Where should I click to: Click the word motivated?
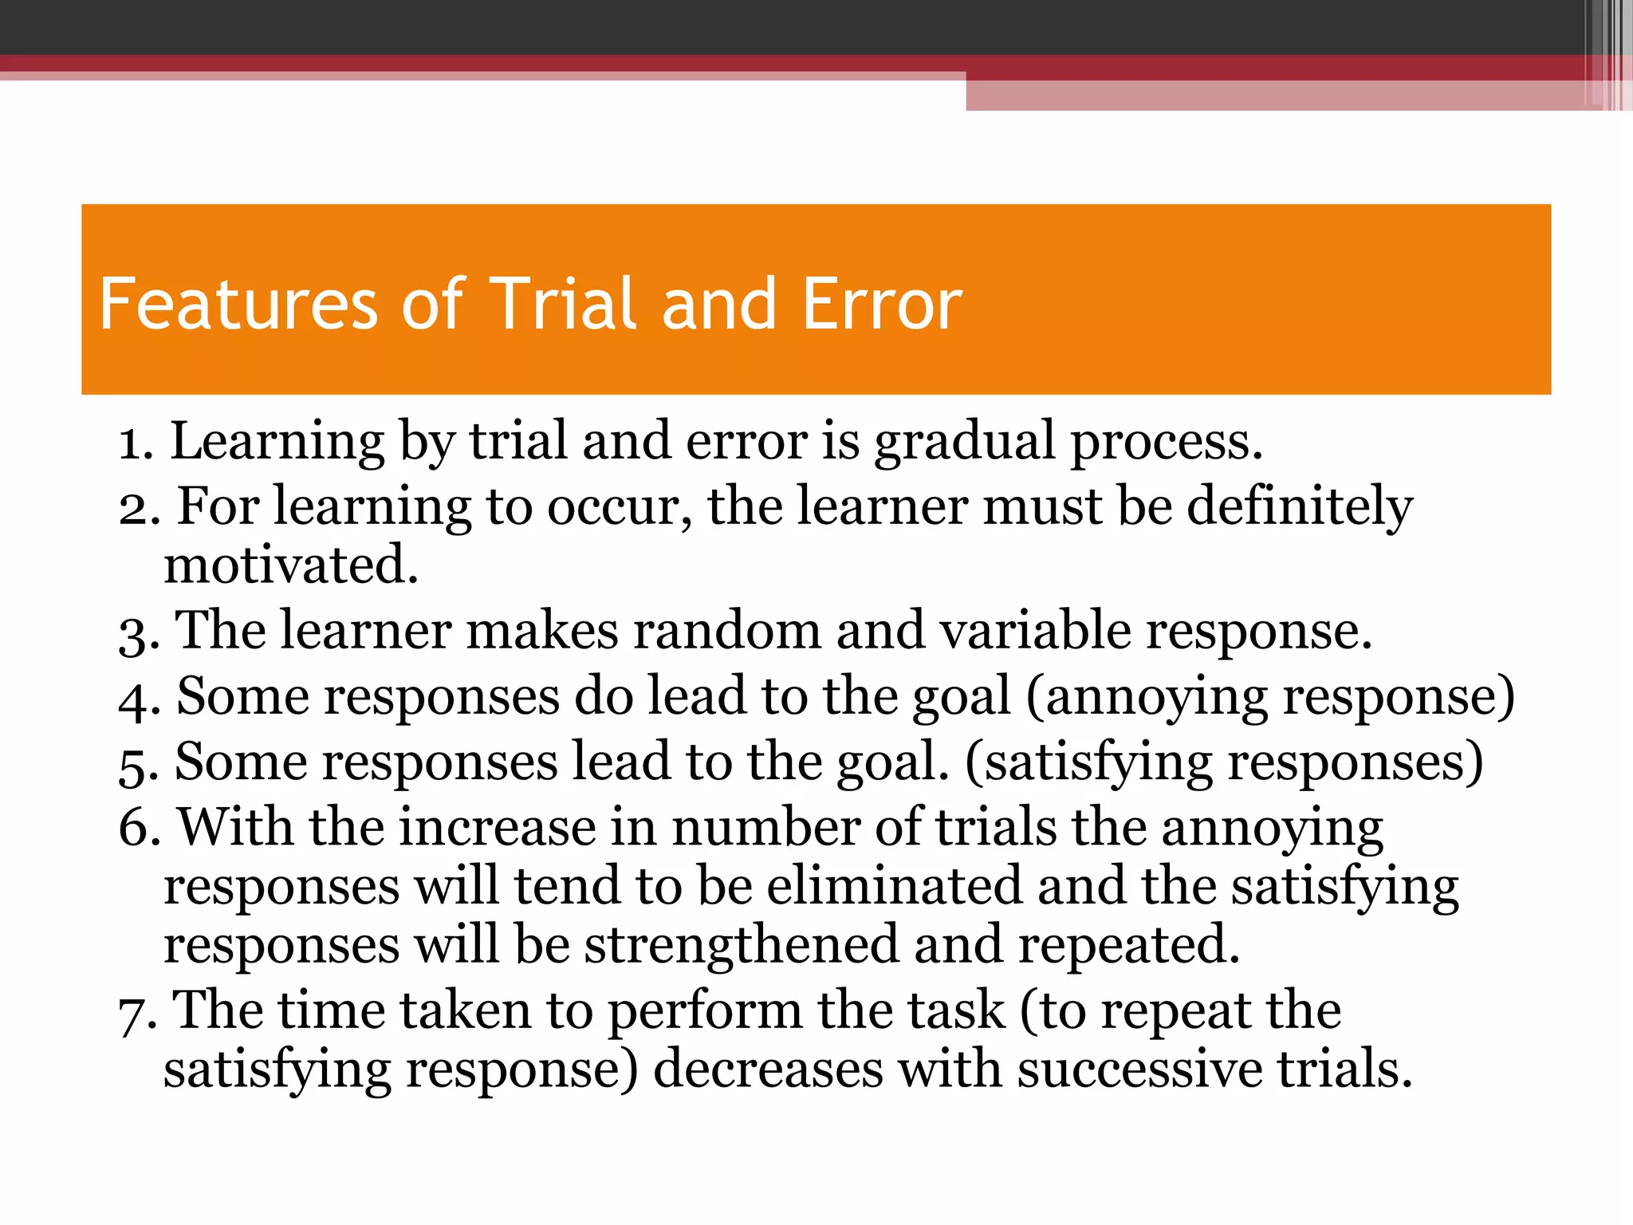[x=291, y=565]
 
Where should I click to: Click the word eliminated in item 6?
[x=894, y=886]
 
